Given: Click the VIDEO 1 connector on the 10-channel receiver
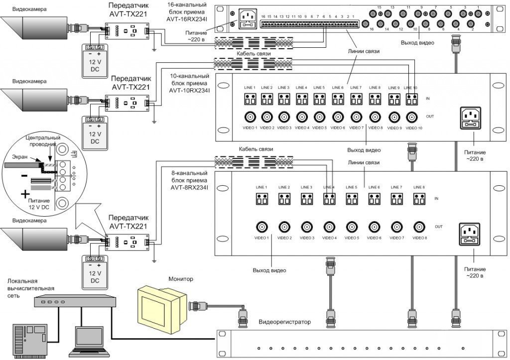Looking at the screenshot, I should click(x=248, y=117).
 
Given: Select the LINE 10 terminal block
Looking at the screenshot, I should click(x=412, y=99).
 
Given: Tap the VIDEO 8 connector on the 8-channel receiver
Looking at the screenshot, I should click(x=418, y=227).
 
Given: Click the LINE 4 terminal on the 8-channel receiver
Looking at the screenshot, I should click(x=329, y=199).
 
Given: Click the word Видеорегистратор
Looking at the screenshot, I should click(x=284, y=322).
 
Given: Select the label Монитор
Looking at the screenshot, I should click(x=180, y=279).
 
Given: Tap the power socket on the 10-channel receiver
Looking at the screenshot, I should click(x=469, y=118).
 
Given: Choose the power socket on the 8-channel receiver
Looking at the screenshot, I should click(x=469, y=232).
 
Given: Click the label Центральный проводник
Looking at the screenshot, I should click(x=43, y=140).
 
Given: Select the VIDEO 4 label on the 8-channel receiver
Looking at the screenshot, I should click(x=329, y=238).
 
